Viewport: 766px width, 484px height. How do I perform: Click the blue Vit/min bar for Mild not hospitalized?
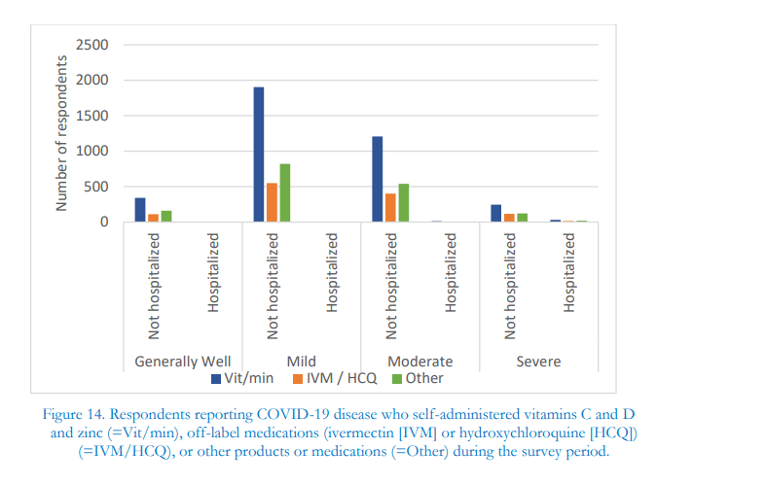(259, 156)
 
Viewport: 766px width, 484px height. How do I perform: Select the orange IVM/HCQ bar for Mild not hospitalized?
(272, 203)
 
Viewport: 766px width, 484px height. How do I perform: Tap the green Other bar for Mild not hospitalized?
(285, 193)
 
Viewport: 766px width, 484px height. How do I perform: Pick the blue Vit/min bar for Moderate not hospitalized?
(378, 180)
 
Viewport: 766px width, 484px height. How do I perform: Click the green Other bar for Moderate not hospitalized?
(404, 203)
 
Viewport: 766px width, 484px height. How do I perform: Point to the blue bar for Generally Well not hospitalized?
(140, 210)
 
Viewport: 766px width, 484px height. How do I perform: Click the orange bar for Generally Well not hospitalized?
(153, 218)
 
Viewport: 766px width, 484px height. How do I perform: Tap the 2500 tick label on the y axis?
(93, 45)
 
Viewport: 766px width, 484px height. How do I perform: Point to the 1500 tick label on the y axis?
(93, 116)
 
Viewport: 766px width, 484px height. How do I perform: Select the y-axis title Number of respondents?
(61, 133)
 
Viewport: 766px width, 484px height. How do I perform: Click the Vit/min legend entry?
(242, 378)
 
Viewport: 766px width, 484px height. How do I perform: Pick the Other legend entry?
(418, 378)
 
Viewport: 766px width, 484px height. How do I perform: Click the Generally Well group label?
(182, 362)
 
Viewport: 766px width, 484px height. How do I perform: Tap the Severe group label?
(538, 362)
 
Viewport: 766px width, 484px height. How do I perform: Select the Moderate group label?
(419, 362)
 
